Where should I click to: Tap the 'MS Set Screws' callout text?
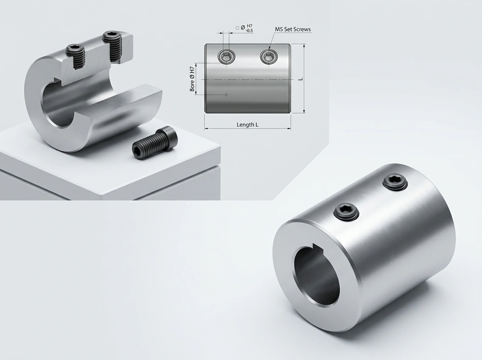(x=292, y=29)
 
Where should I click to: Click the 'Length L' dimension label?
(x=247, y=125)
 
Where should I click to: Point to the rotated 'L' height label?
(x=300, y=79)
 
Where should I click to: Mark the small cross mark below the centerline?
(x=227, y=95)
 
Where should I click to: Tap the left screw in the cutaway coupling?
(x=75, y=56)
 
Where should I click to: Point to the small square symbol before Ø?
(x=237, y=27)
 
